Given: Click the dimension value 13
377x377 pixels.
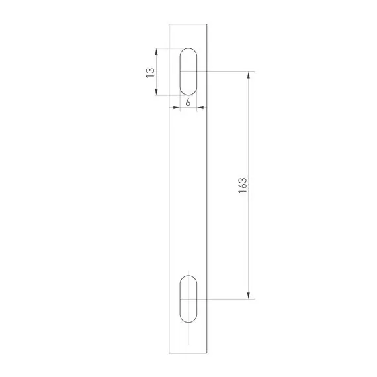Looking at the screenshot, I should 151,71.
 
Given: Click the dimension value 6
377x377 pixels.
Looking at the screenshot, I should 188,103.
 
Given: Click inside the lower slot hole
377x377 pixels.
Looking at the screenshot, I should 188,300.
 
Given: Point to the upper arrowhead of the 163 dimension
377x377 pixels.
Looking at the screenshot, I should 249,75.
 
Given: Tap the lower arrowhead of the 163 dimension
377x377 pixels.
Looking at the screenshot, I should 249,295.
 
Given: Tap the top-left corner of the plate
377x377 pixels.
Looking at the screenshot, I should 169,24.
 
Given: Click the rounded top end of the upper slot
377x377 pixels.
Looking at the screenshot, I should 188,50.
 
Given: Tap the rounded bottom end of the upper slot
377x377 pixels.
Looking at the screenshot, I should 188,93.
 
